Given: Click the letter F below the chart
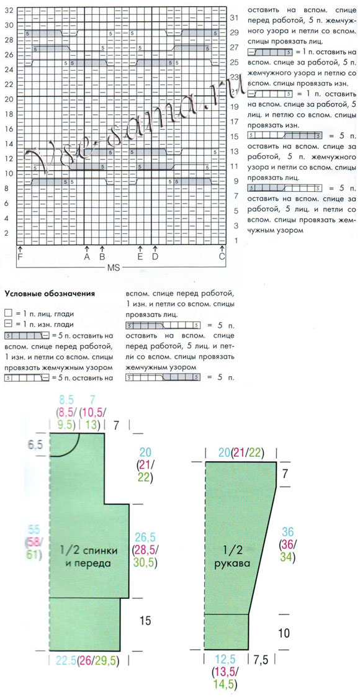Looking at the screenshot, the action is (20, 256).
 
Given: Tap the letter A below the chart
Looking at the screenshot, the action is (87, 256).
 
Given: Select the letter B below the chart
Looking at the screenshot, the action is (102, 256).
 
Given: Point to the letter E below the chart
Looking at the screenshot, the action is (140, 256).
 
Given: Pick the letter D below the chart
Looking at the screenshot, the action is (155, 256).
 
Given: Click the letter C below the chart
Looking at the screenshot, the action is (222, 256).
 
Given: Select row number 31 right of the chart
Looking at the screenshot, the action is (235, 17).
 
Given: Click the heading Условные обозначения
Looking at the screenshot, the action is (49, 294).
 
